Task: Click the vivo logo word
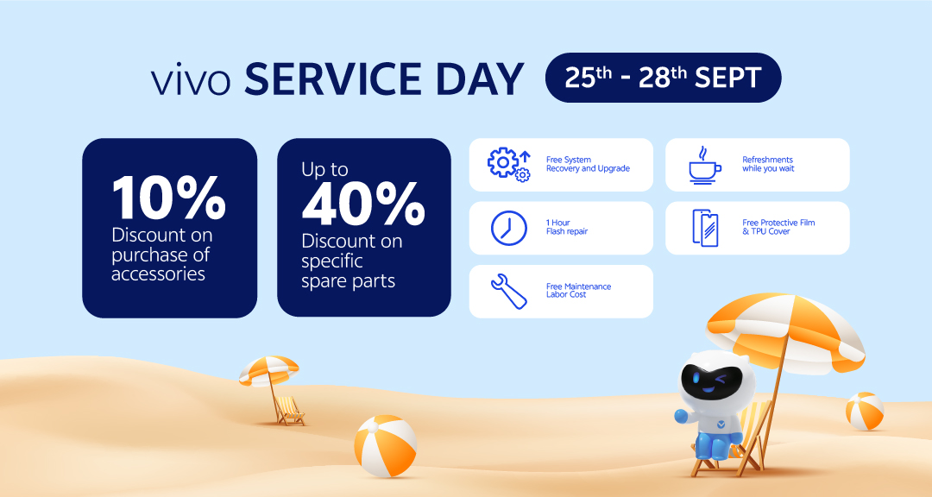[191, 81]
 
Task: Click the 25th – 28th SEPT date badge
[663, 78]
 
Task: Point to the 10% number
[169, 198]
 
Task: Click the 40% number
[362, 204]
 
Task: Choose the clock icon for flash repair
[509, 228]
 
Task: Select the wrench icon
[509, 292]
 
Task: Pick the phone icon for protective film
[705, 228]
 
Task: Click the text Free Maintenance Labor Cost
[578, 291]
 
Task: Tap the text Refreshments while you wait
[768, 164]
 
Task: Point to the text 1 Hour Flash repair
[566, 227]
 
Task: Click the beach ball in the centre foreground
[385, 446]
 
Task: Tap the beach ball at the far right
[864, 411]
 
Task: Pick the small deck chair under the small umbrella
[290, 411]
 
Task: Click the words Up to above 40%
[324, 169]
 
